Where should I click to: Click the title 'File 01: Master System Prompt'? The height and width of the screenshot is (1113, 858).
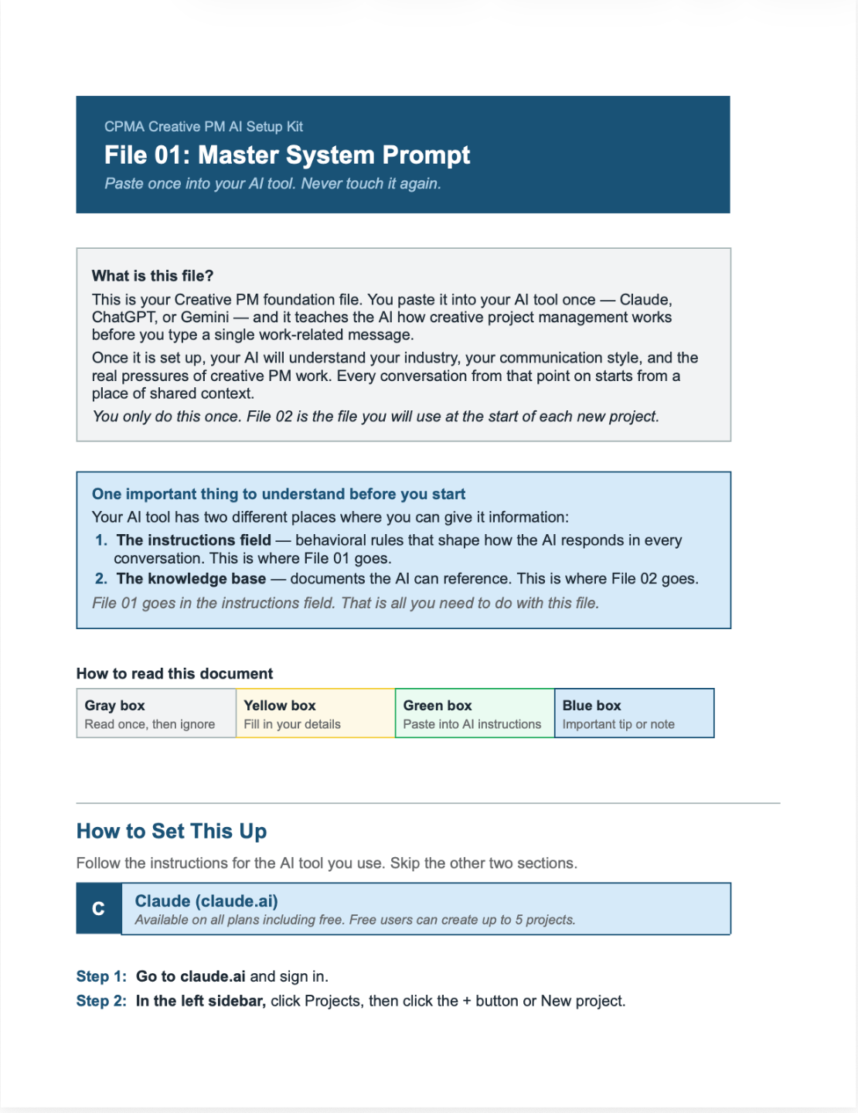coord(287,155)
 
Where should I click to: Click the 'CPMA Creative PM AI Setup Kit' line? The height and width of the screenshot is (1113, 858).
coord(203,127)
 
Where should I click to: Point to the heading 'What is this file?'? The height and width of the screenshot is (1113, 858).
coord(152,276)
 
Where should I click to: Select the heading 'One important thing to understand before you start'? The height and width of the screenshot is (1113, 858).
coord(278,494)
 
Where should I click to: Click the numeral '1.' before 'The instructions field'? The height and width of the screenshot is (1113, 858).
coord(101,540)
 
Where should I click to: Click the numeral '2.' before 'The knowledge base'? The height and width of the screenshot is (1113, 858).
coord(101,579)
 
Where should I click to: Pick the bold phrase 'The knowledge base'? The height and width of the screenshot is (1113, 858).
coord(191,579)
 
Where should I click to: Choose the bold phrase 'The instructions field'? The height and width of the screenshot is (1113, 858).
coord(193,540)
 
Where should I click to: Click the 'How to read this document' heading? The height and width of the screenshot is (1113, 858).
coord(175,674)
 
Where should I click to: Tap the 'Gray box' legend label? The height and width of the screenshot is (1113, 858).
coord(115,706)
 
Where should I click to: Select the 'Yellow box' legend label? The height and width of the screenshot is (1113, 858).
coord(280,706)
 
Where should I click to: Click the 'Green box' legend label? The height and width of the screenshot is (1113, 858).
coord(438,706)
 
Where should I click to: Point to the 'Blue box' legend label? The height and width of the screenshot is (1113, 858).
coord(592,706)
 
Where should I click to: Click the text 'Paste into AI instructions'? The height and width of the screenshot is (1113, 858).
coord(472,724)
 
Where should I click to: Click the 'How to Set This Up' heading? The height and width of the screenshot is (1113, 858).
coord(172,832)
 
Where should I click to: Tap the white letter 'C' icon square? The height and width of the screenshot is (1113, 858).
coord(99,909)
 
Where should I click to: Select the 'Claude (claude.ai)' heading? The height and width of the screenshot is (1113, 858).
coord(206,901)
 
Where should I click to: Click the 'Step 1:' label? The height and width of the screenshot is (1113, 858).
coord(101,977)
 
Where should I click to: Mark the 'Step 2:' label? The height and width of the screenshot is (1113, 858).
coord(101,1001)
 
